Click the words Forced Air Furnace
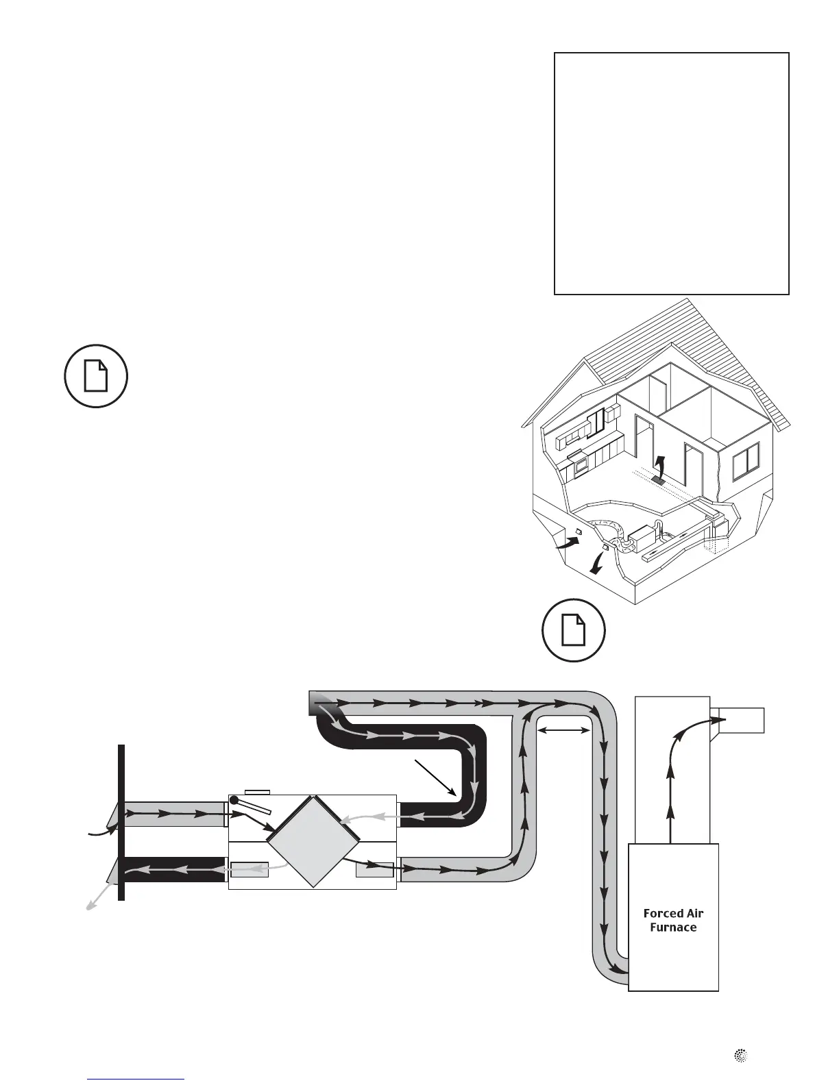tap(673, 920)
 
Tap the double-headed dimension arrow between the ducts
tap(563, 732)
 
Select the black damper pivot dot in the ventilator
tap(234, 800)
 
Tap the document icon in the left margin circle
tap(96, 376)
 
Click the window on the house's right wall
tap(746, 461)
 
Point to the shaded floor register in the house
tap(659, 481)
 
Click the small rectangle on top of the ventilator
tap(257, 793)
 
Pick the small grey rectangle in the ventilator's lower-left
tap(250, 869)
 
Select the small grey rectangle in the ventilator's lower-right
tap(375, 869)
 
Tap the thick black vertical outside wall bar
tap(121, 822)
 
